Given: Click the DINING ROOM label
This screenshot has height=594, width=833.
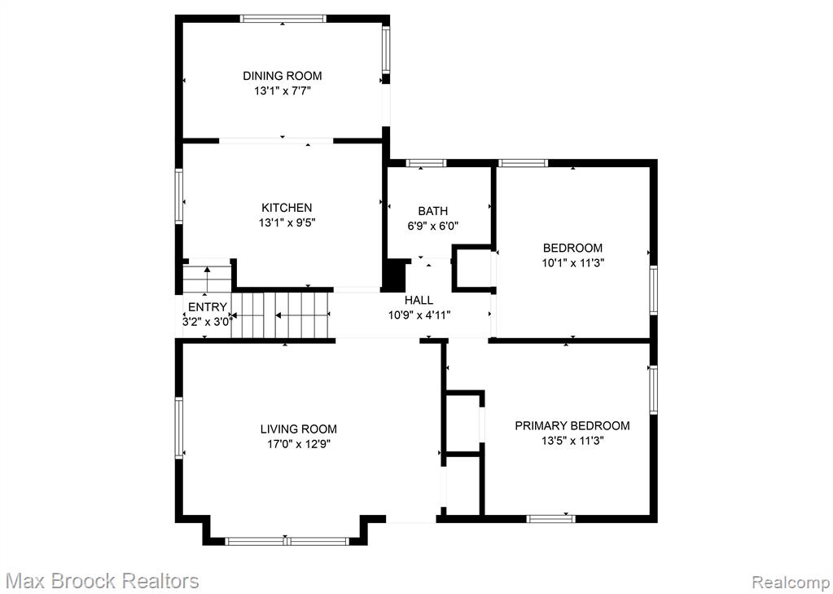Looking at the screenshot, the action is (282, 76).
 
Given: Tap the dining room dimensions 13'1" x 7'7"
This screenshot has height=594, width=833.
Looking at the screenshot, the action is (282, 91).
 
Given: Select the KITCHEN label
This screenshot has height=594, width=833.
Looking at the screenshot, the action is (287, 208).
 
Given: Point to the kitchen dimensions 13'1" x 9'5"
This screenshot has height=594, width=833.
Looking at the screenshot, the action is (287, 222).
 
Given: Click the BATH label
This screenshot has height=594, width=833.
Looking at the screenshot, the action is (432, 211).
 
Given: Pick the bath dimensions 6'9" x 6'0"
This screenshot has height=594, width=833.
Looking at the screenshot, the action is (433, 226).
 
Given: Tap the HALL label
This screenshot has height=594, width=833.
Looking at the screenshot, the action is (419, 301).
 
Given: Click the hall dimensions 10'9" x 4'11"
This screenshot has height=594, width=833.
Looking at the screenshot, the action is (419, 315).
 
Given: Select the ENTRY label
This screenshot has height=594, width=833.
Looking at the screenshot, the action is (207, 307).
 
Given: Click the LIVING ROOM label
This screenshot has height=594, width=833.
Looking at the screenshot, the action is (299, 429).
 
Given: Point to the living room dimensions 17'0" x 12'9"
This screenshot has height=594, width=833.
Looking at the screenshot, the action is (299, 444).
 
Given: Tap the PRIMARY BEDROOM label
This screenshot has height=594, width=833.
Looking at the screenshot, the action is (572, 425).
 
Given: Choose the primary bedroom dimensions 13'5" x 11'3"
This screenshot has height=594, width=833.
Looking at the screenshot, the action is (572, 440).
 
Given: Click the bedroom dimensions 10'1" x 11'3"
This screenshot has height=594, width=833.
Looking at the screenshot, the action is (572, 262).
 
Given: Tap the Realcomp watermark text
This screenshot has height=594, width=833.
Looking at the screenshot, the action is (790, 581).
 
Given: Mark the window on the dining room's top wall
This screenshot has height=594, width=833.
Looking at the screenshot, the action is (283, 19).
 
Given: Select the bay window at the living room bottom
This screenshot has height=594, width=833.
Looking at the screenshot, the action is (287, 541).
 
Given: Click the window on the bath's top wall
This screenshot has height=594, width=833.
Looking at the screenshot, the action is (426, 163).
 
